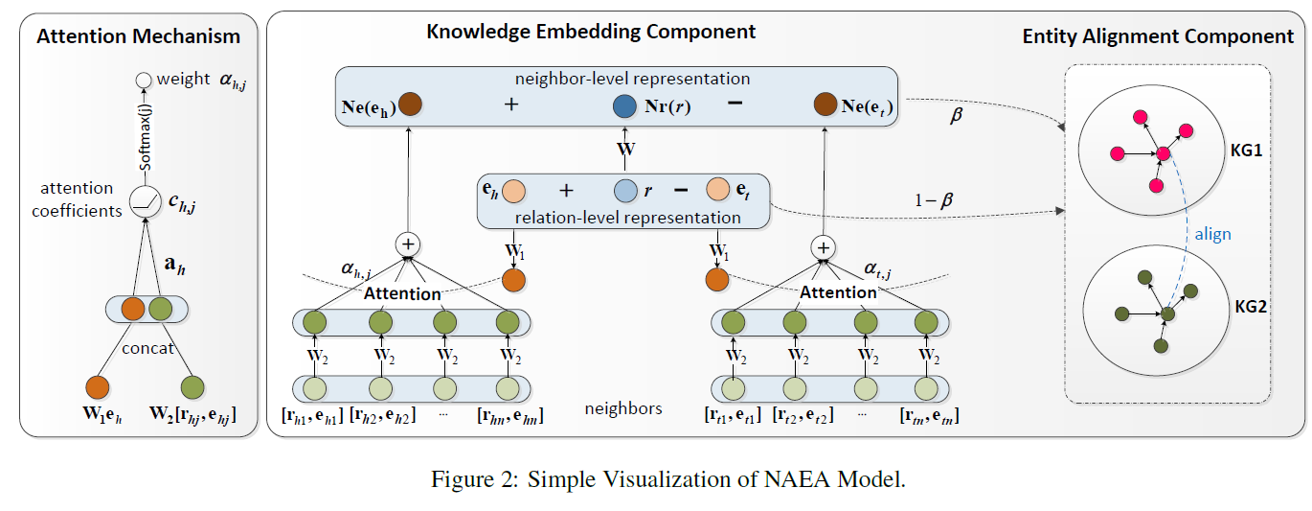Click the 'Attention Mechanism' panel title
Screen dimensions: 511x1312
tap(139, 37)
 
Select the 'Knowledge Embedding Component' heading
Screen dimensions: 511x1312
tap(591, 32)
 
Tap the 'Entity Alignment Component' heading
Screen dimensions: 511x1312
tap(1158, 37)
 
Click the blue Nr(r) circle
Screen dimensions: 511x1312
tap(624, 106)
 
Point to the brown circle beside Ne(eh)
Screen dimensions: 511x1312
tap(411, 105)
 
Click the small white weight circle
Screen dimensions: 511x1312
tap(144, 81)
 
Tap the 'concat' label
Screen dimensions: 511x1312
tap(147, 348)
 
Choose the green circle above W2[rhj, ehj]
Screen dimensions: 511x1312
tap(192, 387)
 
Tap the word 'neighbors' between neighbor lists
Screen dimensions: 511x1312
tap(622, 408)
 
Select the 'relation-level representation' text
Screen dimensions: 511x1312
tap(627, 218)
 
